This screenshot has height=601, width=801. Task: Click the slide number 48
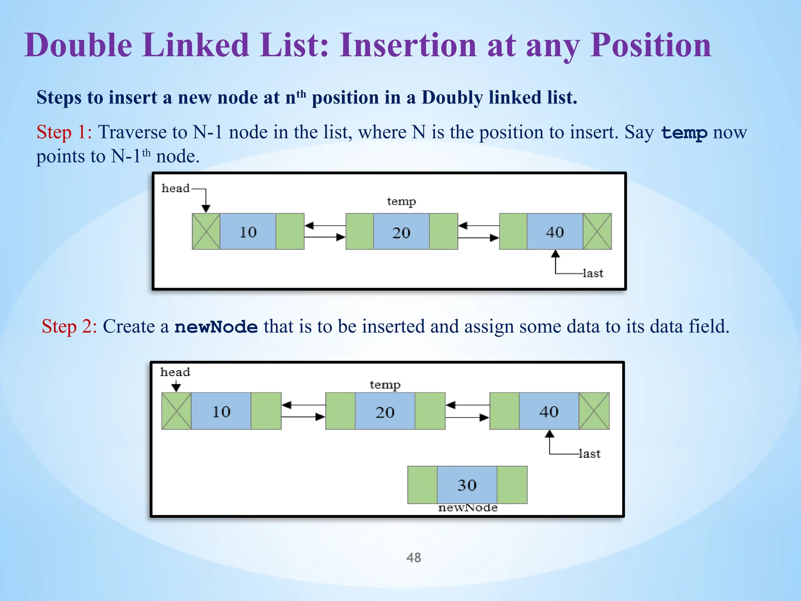(x=413, y=557)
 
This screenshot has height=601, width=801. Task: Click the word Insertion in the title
(x=408, y=45)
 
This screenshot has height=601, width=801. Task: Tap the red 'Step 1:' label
(x=64, y=132)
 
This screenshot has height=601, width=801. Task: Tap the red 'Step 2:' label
(x=69, y=326)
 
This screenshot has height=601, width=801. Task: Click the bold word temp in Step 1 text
(x=684, y=133)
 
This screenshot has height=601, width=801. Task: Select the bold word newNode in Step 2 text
(x=216, y=327)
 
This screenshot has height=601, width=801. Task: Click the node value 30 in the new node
(x=467, y=485)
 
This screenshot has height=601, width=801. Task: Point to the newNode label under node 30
(x=468, y=508)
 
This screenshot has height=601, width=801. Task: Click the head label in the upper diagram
(x=175, y=188)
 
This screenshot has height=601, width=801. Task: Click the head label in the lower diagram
(x=175, y=372)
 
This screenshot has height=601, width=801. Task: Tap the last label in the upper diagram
(x=593, y=273)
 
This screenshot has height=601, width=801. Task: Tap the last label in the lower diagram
(x=590, y=453)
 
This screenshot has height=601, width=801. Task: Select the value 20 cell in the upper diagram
(x=401, y=232)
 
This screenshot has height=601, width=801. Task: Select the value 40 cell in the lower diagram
(x=549, y=411)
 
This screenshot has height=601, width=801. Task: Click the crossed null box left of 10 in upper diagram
(x=206, y=231)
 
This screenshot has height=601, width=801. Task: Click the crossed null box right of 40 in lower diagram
(x=594, y=411)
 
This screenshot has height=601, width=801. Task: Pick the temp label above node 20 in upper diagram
(x=401, y=202)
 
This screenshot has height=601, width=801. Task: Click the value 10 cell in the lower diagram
(x=221, y=411)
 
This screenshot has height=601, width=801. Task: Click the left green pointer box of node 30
(x=422, y=485)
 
